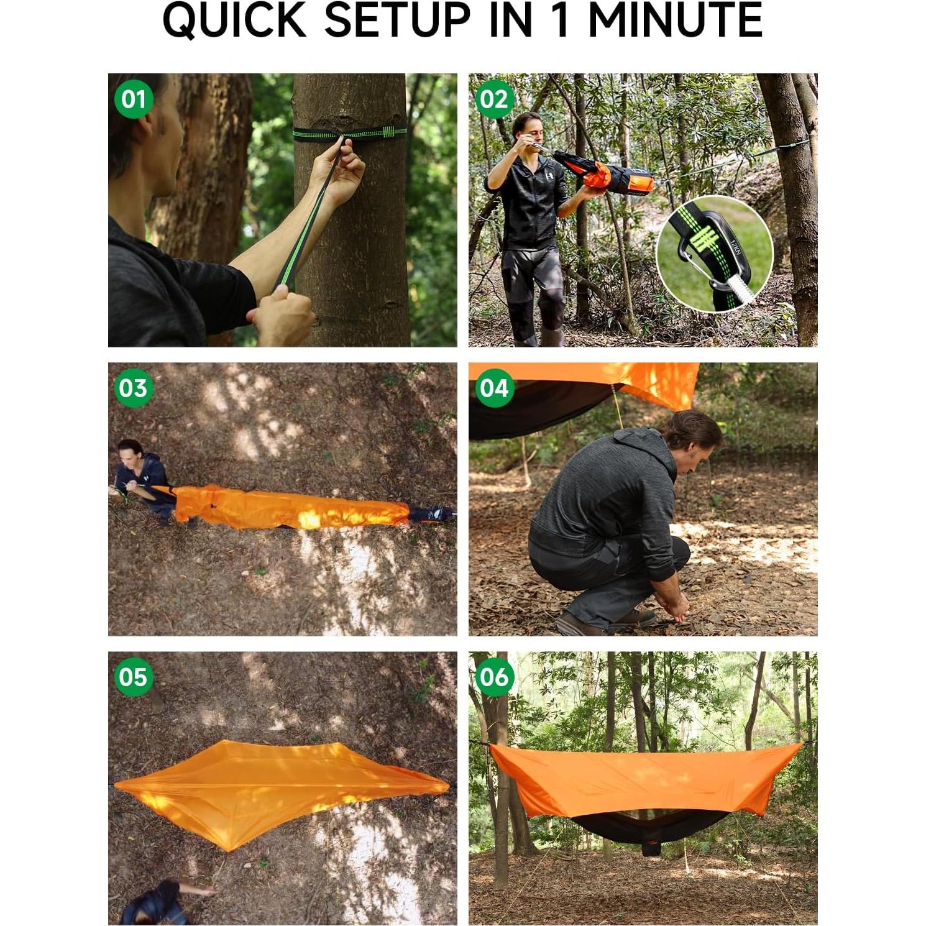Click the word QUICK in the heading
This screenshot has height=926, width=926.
(236, 21)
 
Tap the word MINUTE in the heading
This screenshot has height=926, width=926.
(675, 21)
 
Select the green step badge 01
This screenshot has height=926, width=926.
(134, 99)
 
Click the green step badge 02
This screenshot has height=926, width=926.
(494, 99)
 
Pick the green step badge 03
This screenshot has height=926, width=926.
(134, 388)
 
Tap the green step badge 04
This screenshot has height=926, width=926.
(494, 388)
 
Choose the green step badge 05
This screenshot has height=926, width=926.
(134, 677)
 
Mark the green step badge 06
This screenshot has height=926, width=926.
(494, 677)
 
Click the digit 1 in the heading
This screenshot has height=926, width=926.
(560, 21)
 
